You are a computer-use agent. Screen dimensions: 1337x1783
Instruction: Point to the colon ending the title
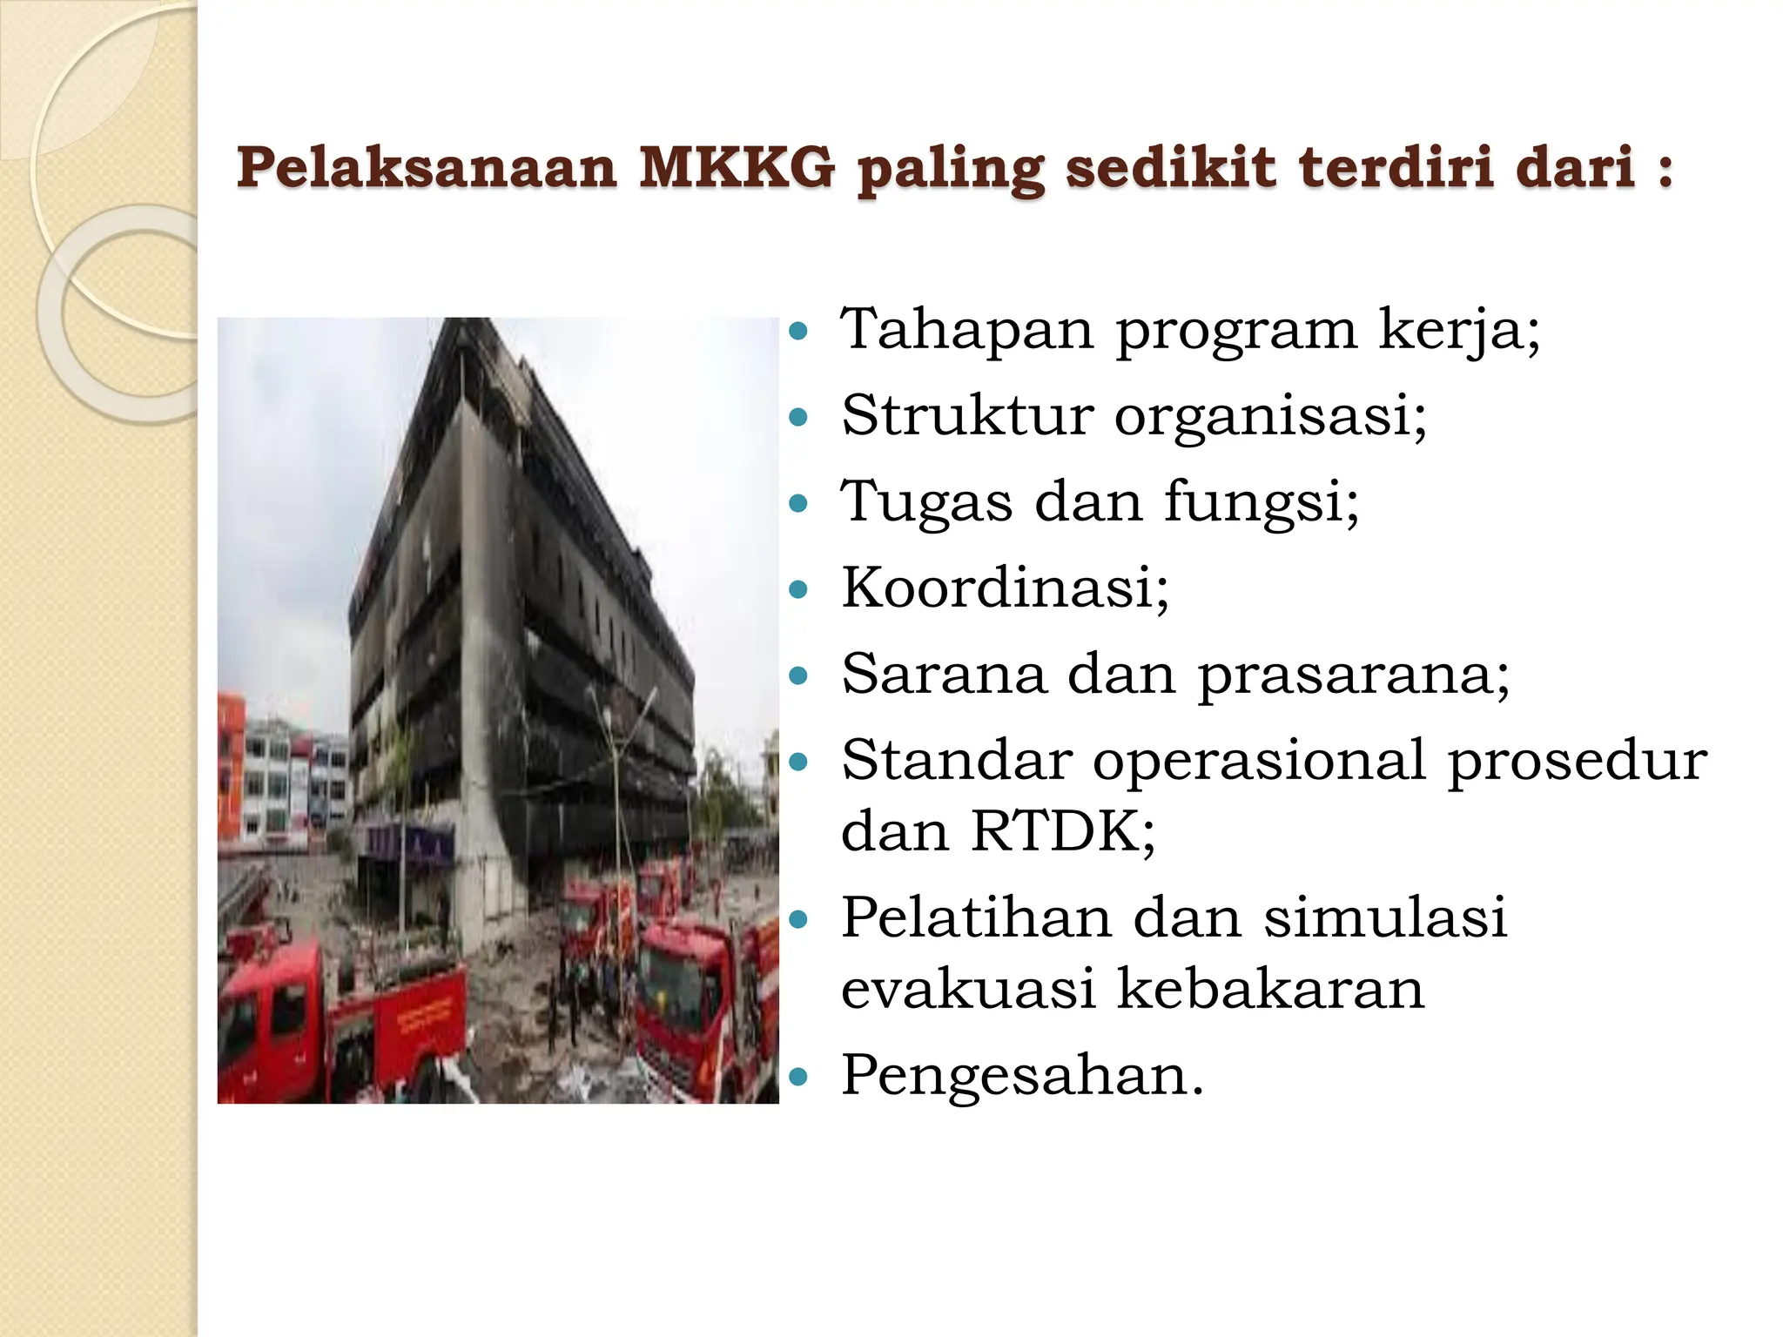click(x=1665, y=170)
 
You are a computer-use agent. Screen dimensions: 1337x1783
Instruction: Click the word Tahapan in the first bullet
click(x=966, y=331)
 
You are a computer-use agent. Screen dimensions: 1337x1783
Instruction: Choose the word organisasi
click(x=1270, y=416)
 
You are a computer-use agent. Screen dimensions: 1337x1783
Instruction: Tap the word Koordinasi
click(x=1005, y=588)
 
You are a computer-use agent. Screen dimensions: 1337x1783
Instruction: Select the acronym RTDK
click(x=1062, y=831)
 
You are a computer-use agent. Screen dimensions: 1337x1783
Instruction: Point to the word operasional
click(x=1259, y=761)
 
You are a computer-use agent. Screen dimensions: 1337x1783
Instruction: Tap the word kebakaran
click(x=1270, y=989)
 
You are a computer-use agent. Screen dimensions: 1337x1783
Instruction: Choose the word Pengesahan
click(x=1022, y=1076)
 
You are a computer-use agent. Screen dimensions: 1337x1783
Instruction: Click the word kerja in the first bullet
click(x=1459, y=331)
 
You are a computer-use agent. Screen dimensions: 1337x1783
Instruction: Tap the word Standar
click(x=957, y=761)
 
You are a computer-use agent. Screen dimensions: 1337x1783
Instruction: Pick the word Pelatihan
click(x=977, y=917)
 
